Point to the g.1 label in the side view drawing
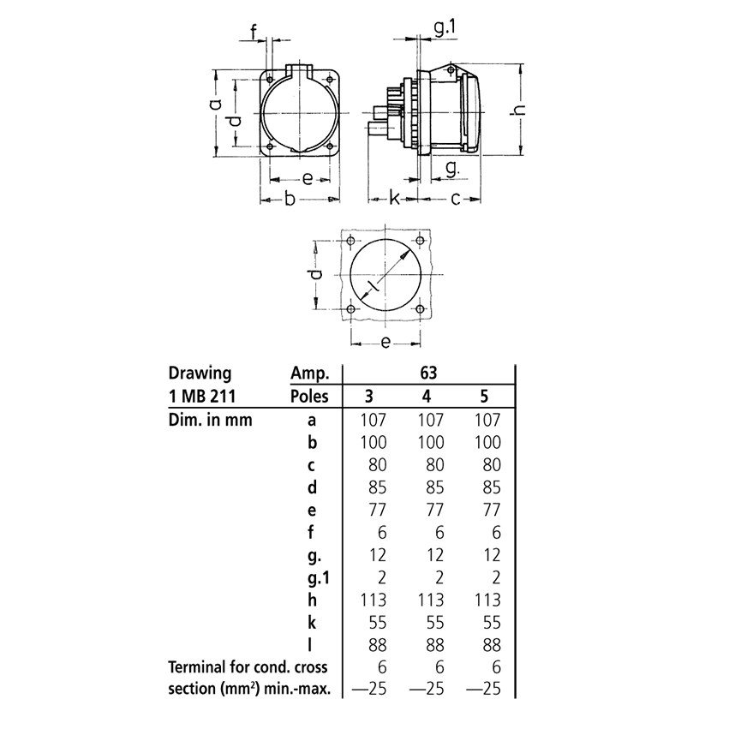(x=445, y=29)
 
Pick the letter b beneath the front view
(x=290, y=199)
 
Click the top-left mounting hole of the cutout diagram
(x=350, y=239)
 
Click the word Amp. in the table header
(x=306, y=373)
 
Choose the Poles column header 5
(x=485, y=396)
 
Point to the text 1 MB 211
(x=200, y=396)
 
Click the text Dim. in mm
(x=210, y=420)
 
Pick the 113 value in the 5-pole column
(x=485, y=599)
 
